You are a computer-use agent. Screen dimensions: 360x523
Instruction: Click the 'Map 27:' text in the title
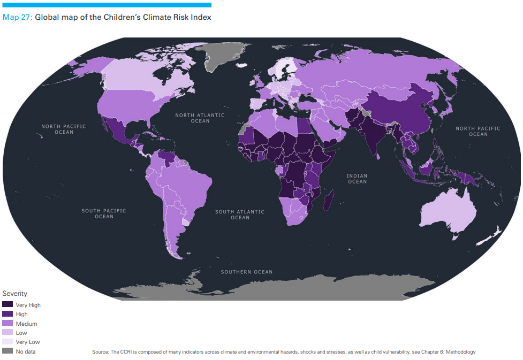[x=18, y=17]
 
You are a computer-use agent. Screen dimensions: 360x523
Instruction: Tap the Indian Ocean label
[x=357, y=179]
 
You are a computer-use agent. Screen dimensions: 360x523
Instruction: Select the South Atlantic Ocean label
[x=240, y=215]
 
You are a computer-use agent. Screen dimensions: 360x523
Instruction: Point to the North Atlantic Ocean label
[x=200, y=118]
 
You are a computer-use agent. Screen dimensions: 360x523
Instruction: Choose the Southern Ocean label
[x=246, y=272]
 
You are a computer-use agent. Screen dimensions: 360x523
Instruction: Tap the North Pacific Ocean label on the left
[x=64, y=129]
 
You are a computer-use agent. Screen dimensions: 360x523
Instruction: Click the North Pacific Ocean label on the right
[x=477, y=131]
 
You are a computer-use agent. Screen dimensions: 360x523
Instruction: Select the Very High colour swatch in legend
[x=7, y=305]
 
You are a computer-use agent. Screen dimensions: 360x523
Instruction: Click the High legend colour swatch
[x=7, y=314]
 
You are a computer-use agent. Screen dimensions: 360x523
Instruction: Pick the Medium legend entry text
[x=26, y=324]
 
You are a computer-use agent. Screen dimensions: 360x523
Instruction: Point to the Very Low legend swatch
[x=7, y=342]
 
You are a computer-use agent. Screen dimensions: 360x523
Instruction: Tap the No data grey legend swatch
[x=7, y=351]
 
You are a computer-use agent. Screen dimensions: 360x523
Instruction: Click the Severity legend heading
[x=14, y=294]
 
